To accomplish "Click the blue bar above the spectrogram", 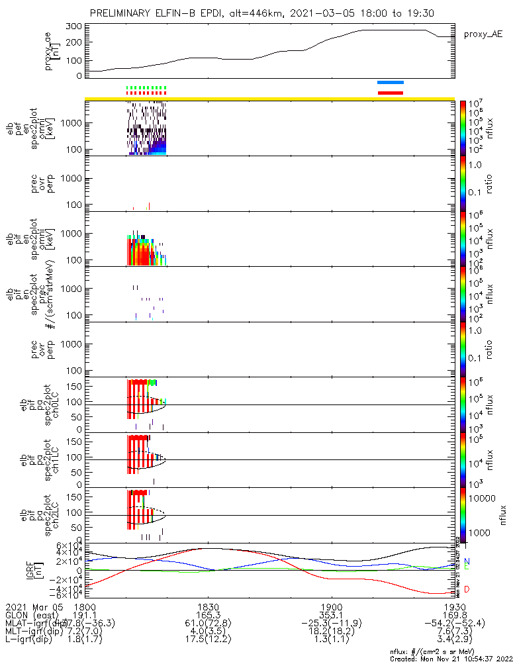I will click(x=390, y=83).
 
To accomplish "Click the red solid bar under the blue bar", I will click(x=390, y=93).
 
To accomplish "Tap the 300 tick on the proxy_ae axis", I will click(x=74, y=26).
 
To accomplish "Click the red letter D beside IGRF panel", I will click(x=467, y=589).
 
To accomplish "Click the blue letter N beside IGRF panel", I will click(x=467, y=561).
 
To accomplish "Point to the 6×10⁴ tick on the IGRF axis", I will click(x=68, y=545).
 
